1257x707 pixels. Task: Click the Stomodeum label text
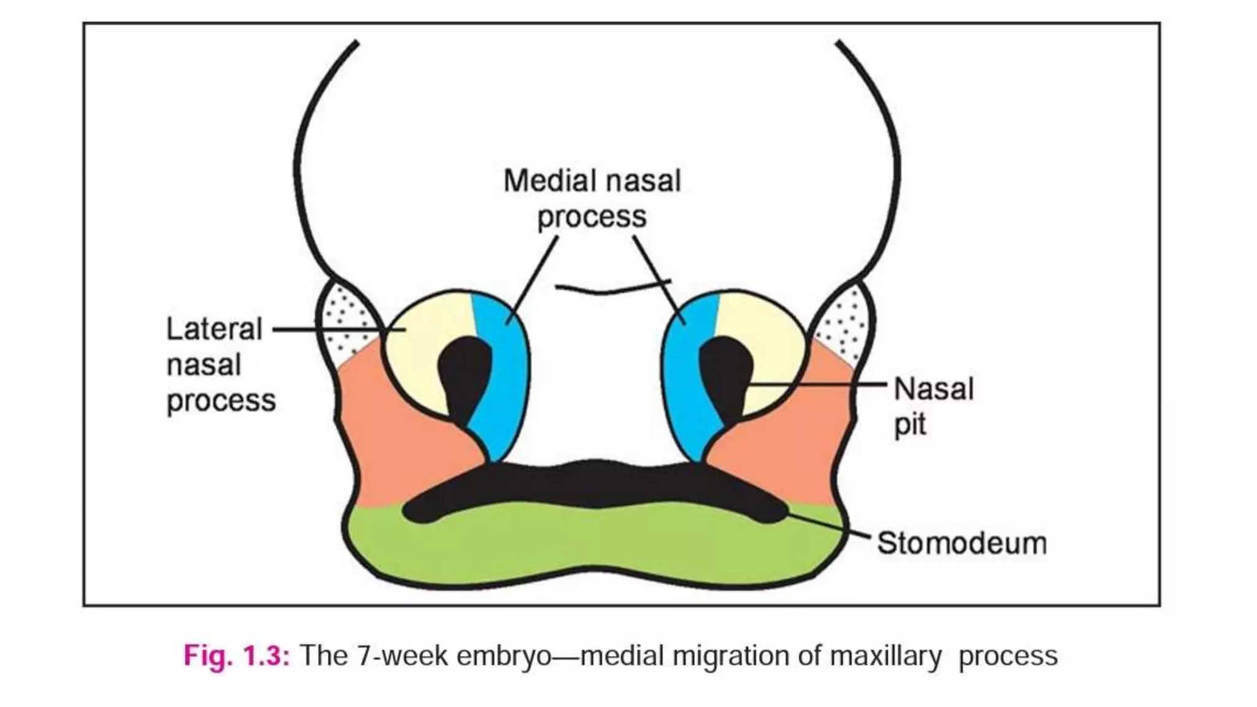point(961,543)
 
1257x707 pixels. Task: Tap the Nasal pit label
point(933,406)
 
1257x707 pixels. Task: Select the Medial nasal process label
point(592,198)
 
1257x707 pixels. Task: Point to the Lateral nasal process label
point(220,365)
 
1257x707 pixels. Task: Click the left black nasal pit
point(463,374)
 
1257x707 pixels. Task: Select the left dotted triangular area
point(346,322)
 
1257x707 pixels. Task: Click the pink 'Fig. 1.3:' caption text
point(236,655)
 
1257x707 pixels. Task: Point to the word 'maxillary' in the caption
point(885,655)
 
